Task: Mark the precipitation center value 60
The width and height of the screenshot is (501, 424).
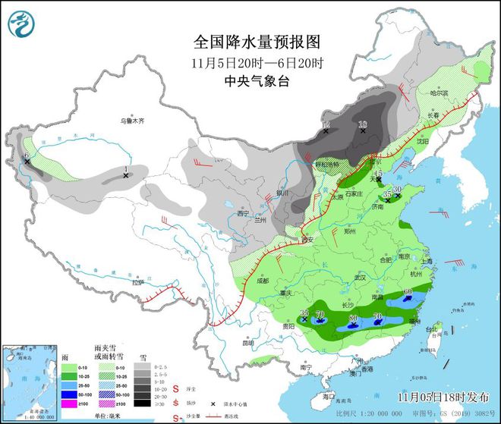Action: point(408,292)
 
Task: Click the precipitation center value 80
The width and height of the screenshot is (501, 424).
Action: point(353,318)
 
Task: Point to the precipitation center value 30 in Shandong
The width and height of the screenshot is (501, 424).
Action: point(396,190)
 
